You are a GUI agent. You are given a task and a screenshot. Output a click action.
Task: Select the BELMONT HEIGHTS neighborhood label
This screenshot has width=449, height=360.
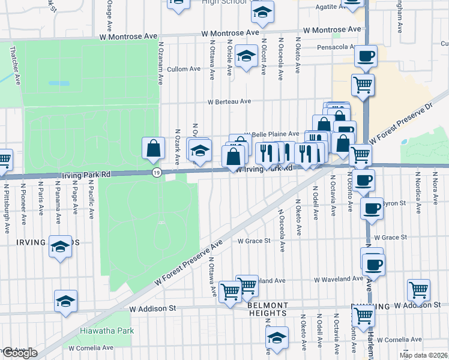pyautogui.click(x=267, y=309)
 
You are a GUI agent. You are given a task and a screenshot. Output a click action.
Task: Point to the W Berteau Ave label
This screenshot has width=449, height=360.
pyautogui.click(x=229, y=102)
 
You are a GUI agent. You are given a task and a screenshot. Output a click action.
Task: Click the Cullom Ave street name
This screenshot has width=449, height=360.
pyautogui.click(x=184, y=69)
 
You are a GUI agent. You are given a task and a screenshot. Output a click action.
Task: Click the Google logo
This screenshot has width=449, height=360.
pyautogui.click(x=19, y=353)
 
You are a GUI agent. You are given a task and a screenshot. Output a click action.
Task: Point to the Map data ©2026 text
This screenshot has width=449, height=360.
pyautogui.click(x=423, y=355)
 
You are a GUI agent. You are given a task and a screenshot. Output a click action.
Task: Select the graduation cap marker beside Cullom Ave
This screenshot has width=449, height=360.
pyautogui.click(x=246, y=56)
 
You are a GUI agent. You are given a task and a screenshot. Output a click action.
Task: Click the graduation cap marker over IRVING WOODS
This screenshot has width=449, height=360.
pyautogui.click(x=60, y=247)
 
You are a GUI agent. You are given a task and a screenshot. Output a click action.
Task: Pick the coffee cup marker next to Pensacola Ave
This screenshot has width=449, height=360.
pyautogui.click(x=365, y=57)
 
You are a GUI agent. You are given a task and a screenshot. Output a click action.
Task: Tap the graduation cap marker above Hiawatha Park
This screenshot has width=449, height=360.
pyautogui.click(x=66, y=302)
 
